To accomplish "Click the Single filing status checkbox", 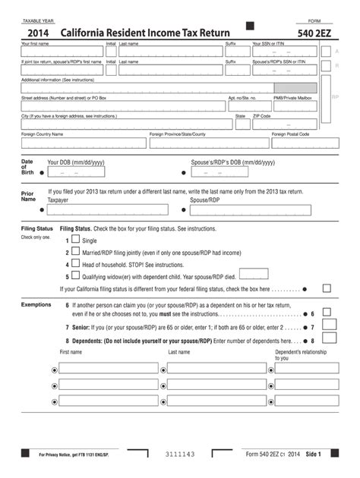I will coord(75,240).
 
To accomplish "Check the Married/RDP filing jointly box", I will coord(75,252).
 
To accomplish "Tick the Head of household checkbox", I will coord(75,264).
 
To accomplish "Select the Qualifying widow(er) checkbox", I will coord(75,276).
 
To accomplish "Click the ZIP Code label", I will coord(261,116).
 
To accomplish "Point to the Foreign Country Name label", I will coord(42,134).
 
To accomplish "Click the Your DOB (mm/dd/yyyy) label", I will coord(76,162).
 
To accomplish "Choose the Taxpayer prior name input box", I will coord(107,210).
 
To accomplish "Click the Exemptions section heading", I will coord(36,304).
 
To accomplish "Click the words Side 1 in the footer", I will coord(314,454).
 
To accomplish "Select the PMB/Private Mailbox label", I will coord(292,98).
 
